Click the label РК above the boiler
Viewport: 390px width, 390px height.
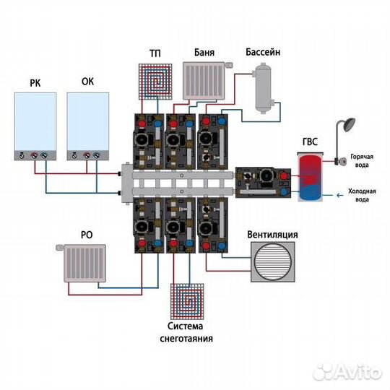pyautogui.click(x=35, y=83)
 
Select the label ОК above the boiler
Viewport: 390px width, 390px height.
pyautogui.click(x=87, y=82)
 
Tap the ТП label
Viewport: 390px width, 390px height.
pyautogui.click(x=155, y=53)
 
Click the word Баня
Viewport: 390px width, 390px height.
pyautogui.click(x=204, y=53)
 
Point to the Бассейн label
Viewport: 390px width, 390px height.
pyautogui.click(x=263, y=52)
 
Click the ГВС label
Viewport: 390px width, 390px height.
pyautogui.click(x=310, y=142)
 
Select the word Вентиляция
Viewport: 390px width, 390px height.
pyautogui.click(x=272, y=235)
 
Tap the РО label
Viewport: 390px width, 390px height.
pyautogui.click(x=87, y=235)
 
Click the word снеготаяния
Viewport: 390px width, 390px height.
pyautogui.click(x=186, y=339)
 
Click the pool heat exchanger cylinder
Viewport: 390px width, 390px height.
pyautogui.click(x=264, y=88)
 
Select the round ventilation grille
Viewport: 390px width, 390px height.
pyautogui.click(x=273, y=261)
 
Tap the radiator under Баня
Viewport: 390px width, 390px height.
pyautogui.click(x=204, y=81)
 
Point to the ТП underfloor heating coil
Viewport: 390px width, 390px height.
pyautogui.click(x=155, y=82)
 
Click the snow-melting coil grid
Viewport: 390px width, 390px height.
pyautogui.click(x=187, y=301)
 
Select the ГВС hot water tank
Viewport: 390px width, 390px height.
pyautogui.click(x=310, y=177)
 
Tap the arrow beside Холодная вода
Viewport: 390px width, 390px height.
pyautogui.click(x=339, y=195)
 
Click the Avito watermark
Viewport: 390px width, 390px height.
pyautogui.click(x=347, y=371)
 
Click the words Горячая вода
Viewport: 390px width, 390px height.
pyautogui.click(x=362, y=160)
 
